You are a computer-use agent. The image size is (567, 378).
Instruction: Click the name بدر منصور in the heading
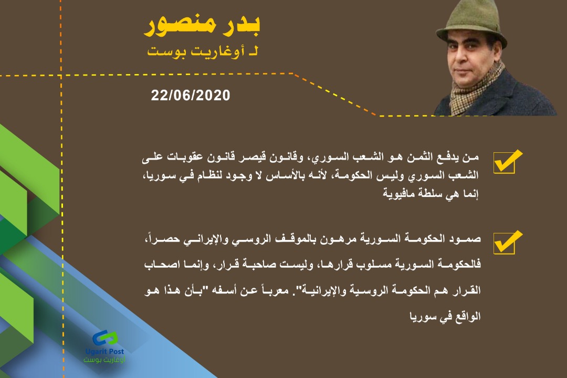(202, 26)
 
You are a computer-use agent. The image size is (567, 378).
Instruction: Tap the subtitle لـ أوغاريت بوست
(203, 51)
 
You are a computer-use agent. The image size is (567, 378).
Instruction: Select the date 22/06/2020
(191, 96)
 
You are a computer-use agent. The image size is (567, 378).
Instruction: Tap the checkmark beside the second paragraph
(508, 242)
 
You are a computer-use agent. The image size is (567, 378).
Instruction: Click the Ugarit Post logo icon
(105, 338)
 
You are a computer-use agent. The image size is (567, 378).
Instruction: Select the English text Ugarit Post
(105, 351)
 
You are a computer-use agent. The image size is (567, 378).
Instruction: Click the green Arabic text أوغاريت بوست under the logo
(104, 360)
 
